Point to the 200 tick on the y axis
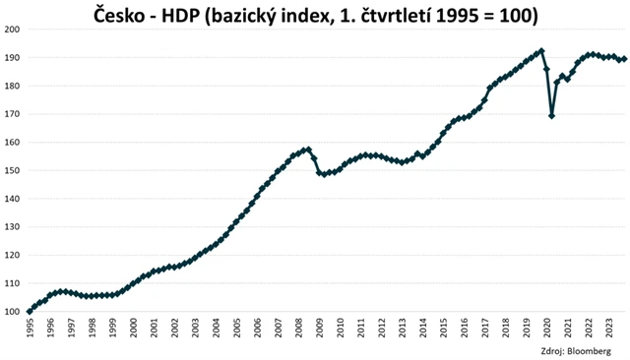(12, 30)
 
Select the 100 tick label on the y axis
(12, 312)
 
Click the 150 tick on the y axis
(12, 171)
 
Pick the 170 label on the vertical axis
(12, 114)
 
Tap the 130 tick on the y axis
(12, 227)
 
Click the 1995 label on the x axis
(31, 329)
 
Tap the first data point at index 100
(30, 311)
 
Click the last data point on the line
(624, 59)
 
